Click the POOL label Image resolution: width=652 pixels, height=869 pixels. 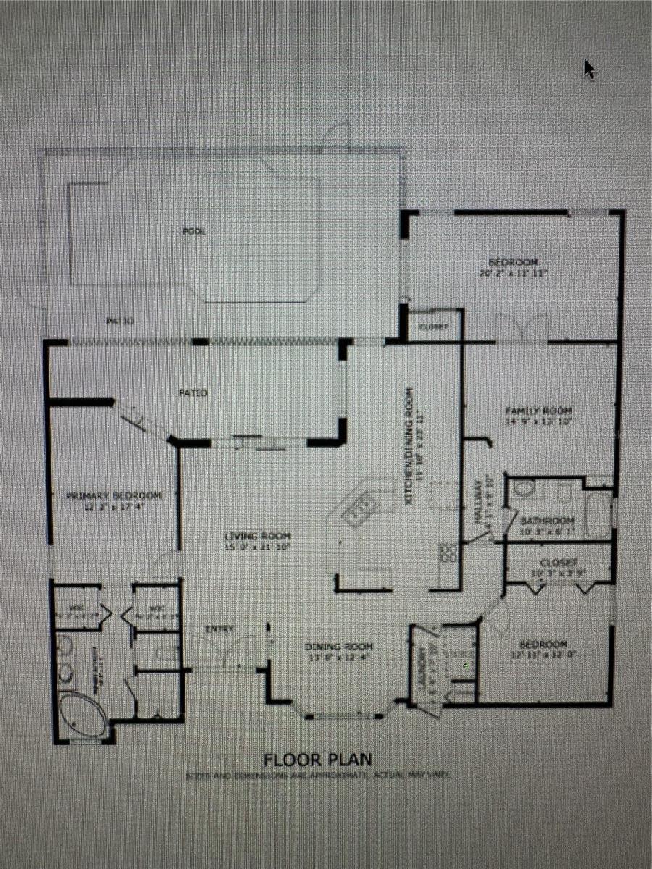pos(195,232)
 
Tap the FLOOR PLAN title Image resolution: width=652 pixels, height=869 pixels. pos(318,760)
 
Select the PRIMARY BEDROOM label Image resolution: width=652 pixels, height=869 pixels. pos(113,496)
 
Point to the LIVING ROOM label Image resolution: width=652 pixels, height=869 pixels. pos(252,537)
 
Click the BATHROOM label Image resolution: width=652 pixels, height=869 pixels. pos(548,520)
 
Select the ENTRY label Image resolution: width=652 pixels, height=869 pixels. pos(219,629)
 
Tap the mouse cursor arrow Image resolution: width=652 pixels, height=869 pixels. pos(589,70)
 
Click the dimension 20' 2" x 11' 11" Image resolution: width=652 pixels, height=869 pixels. pos(513,273)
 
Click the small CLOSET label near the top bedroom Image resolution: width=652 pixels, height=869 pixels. pos(433,327)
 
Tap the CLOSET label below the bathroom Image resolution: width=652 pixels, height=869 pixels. pos(559,563)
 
